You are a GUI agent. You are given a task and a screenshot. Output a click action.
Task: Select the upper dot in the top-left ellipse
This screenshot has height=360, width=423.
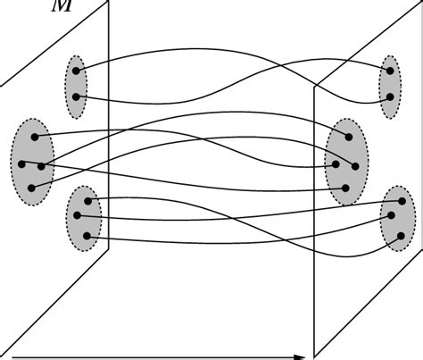(79, 70)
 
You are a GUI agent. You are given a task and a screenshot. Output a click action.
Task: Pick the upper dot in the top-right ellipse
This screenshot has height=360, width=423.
(388, 70)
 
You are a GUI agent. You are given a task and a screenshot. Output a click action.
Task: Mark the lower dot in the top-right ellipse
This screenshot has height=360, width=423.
(388, 96)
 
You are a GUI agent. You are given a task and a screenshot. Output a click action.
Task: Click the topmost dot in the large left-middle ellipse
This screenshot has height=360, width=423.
(35, 137)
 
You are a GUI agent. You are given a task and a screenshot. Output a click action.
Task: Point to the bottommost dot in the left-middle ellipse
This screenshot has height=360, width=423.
(32, 188)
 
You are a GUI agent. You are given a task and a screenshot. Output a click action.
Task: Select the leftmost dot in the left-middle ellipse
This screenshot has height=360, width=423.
(22, 163)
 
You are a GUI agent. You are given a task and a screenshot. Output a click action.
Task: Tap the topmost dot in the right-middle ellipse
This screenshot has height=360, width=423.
(348, 137)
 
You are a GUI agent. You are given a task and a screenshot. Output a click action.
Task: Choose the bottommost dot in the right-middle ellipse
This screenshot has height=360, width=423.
(346, 188)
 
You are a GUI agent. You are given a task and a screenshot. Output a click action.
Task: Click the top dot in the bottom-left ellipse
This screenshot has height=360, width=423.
(87, 200)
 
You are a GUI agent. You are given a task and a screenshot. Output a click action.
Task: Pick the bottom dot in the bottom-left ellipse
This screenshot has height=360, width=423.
(87, 236)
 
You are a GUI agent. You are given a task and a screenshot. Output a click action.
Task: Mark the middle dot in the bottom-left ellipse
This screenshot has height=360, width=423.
(78, 215)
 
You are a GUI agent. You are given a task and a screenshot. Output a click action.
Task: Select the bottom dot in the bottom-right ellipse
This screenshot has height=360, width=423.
(401, 236)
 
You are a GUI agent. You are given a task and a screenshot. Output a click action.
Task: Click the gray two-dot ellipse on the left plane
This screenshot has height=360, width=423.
(77, 84)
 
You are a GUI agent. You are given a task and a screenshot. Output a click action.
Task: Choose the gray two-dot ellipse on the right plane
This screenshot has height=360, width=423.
(389, 85)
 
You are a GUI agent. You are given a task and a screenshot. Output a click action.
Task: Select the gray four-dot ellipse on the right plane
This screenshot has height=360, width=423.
(346, 161)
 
